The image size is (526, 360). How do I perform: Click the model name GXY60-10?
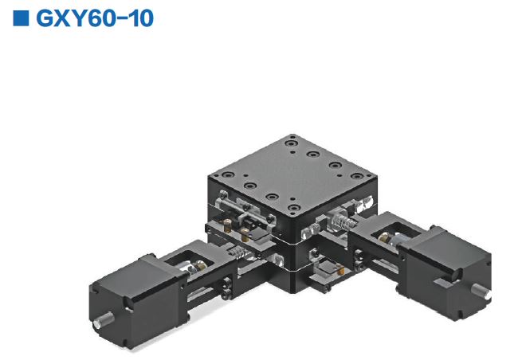[x=95, y=18]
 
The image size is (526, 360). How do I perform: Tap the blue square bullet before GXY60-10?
[x=22, y=18]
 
